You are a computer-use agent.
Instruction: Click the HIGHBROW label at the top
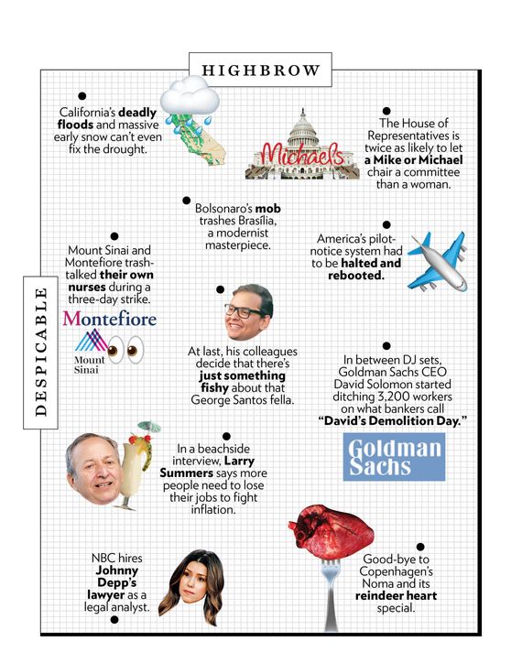pos(260,70)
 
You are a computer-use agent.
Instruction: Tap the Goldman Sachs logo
pos(394,457)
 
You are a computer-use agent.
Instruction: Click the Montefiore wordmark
pos(109,319)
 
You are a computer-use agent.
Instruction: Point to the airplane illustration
pos(437,260)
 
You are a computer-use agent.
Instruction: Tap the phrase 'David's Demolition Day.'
pos(393,420)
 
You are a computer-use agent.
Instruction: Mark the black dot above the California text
pos(82,95)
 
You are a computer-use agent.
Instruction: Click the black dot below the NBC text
pos(114,620)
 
